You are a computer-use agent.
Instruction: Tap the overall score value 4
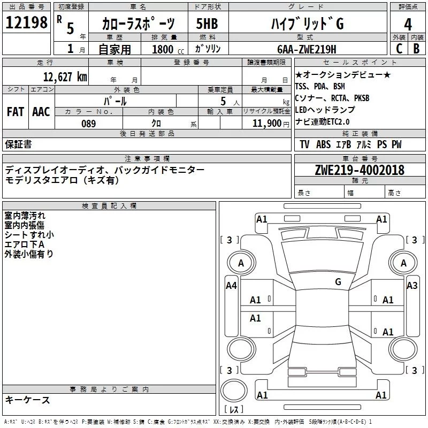click(408, 25)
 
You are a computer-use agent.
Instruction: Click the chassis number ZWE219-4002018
click(360, 170)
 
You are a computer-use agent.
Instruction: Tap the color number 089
click(88, 124)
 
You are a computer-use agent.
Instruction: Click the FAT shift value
click(15, 112)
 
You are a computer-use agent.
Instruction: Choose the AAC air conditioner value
click(41, 112)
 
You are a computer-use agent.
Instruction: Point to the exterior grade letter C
click(399, 49)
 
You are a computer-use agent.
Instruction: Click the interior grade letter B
click(417, 49)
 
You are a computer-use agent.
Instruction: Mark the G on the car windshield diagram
click(338, 281)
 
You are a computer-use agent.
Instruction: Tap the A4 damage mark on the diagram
click(231, 286)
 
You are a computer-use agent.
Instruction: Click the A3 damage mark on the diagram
click(412, 286)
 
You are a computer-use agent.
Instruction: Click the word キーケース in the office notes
click(28, 400)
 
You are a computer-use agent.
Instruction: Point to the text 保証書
click(18, 144)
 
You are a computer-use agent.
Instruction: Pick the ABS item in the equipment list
click(323, 144)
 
